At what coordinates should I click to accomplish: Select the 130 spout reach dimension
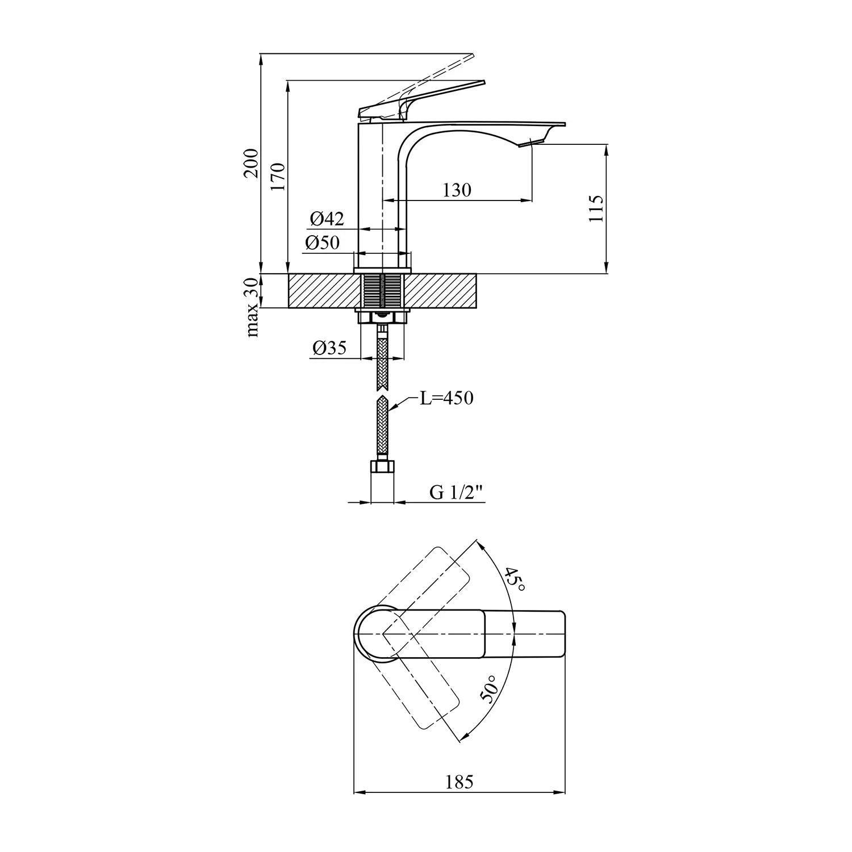tap(457, 190)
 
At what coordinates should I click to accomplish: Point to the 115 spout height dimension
tap(596, 208)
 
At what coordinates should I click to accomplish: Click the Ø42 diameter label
tap(327, 219)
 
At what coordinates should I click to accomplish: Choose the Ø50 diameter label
tap(322, 243)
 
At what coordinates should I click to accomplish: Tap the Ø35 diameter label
tap(329, 348)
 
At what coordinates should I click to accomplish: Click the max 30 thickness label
tap(252, 307)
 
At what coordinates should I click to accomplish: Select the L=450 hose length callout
tap(446, 398)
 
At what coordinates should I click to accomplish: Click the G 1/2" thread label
tap(456, 492)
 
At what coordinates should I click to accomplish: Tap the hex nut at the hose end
tap(382, 466)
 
